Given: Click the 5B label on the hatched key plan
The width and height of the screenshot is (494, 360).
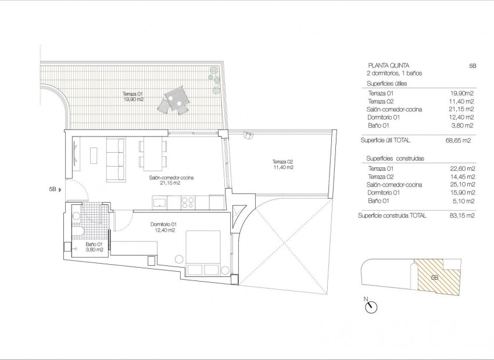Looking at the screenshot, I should coord(435,278).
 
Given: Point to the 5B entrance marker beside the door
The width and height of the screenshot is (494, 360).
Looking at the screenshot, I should coord(54,189).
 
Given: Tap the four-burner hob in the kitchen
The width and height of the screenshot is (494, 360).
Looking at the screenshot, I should coord(188,202).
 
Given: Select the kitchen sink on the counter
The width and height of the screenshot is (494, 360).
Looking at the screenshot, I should coord(159,202).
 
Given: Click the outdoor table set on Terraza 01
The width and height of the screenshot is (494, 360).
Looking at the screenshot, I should coord(176,101).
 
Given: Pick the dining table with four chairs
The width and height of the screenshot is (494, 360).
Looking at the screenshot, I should coord(153,153).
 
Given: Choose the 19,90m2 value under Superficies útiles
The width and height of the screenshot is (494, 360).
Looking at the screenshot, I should coord(462,93).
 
